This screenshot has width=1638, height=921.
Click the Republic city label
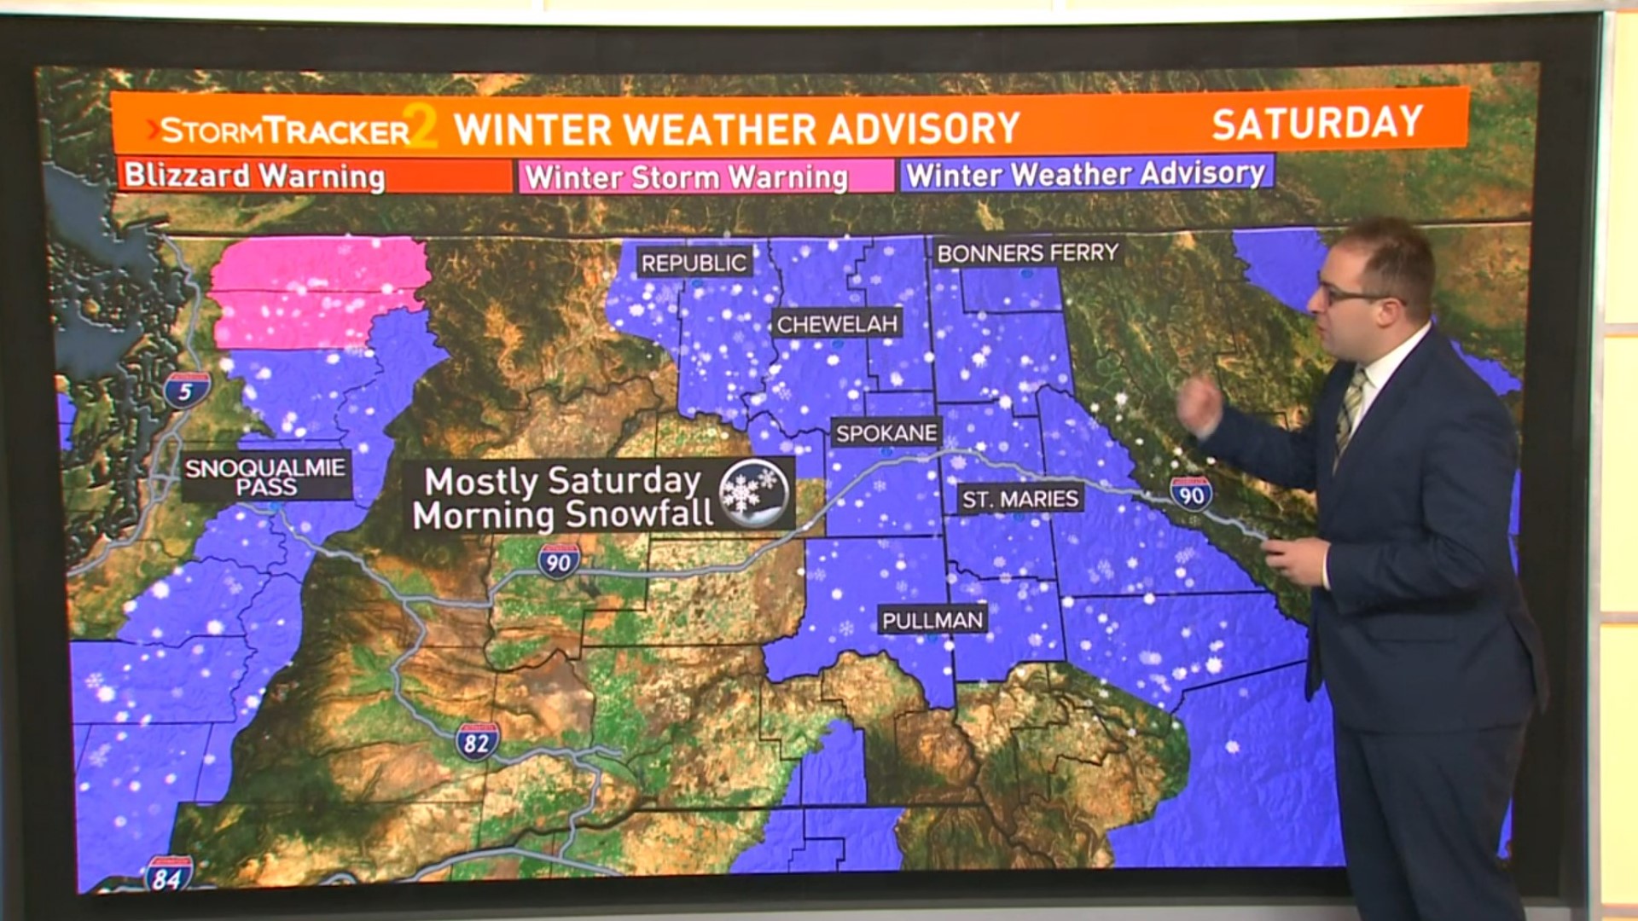(x=694, y=264)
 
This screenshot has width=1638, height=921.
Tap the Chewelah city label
(x=837, y=324)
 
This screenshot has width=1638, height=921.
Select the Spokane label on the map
(x=886, y=433)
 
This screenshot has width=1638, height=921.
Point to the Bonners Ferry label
(x=1027, y=253)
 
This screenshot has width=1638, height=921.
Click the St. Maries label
(x=1020, y=499)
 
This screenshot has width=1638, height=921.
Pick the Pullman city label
(x=932, y=620)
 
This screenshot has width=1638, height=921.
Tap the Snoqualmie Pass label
(x=266, y=477)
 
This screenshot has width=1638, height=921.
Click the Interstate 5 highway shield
(x=186, y=391)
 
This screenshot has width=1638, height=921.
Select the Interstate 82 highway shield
(x=476, y=742)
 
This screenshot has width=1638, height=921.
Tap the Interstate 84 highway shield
(x=167, y=875)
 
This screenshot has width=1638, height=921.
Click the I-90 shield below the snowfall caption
(x=559, y=562)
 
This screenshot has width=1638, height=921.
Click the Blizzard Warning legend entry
(x=255, y=177)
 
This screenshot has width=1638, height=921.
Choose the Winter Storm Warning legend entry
(x=687, y=177)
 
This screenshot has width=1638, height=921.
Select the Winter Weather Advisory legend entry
(x=1085, y=174)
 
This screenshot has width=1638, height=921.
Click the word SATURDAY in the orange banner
(x=1317, y=123)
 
